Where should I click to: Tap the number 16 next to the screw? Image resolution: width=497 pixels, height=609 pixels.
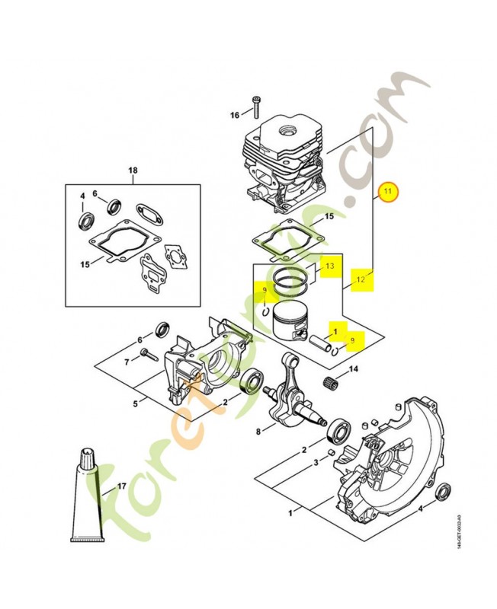[x=236, y=115]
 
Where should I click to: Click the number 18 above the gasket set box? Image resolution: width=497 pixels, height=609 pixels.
[x=133, y=171]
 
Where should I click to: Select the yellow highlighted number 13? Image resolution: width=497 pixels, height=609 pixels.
[x=329, y=266]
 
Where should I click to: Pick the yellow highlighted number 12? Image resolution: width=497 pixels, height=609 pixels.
[x=361, y=280]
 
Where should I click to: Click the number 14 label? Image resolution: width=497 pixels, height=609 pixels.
[x=353, y=370]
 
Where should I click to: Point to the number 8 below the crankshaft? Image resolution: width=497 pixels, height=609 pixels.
[x=258, y=432]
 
